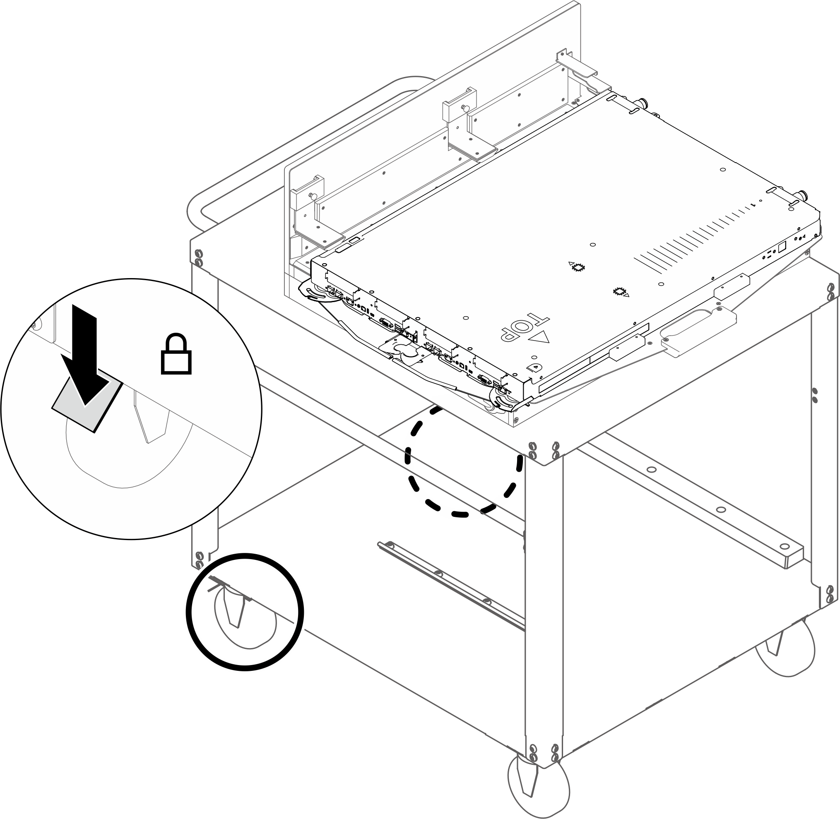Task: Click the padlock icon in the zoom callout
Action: (176, 353)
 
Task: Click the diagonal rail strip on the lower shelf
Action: (451, 585)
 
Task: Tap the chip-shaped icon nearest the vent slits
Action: (577, 267)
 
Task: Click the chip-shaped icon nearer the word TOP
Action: (620, 292)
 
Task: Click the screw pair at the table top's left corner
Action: (198, 257)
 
